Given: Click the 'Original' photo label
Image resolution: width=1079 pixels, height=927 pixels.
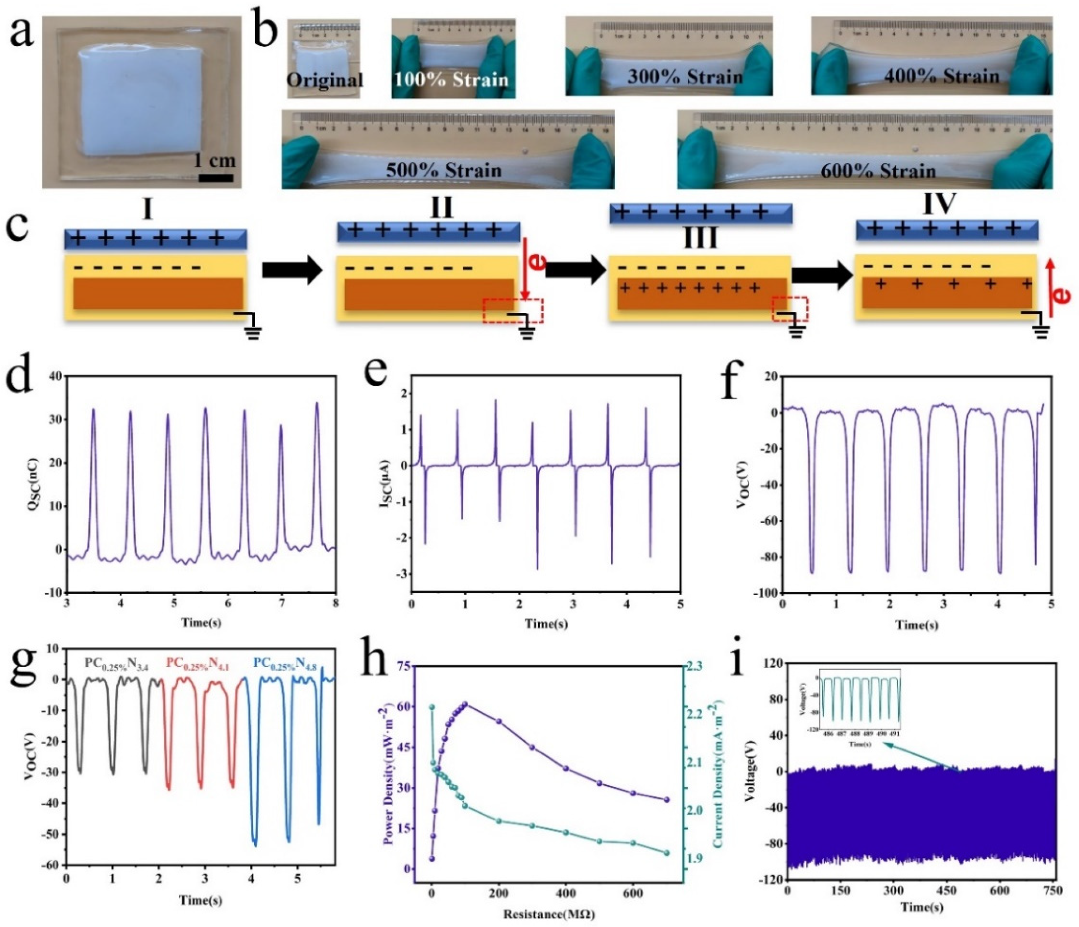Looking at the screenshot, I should point(324,80).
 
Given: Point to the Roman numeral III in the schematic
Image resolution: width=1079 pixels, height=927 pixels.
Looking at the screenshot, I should point(699,237).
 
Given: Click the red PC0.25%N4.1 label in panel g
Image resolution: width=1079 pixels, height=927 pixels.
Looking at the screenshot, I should point(201,664).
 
